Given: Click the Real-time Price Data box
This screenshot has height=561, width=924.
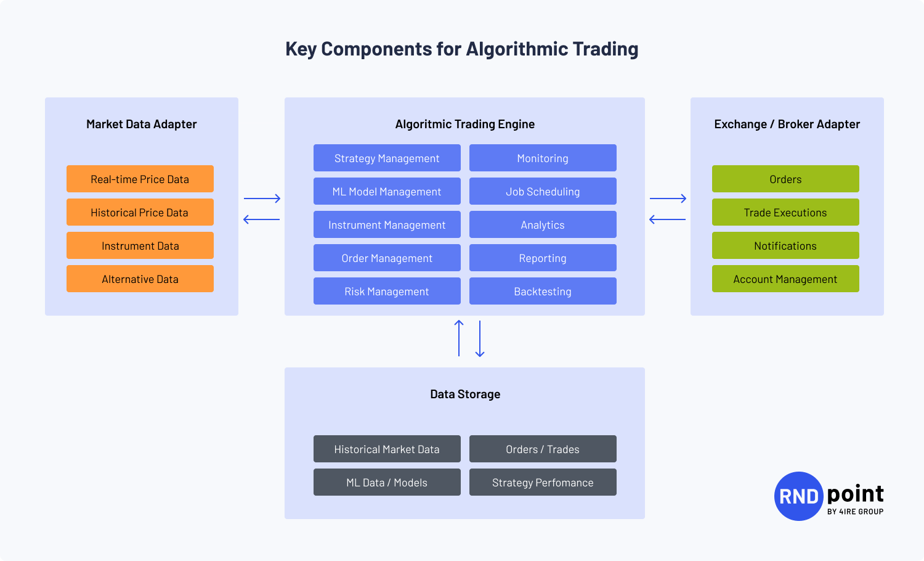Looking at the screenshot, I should [140, 179].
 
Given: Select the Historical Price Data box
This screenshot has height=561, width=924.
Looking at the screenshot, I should [140, 212].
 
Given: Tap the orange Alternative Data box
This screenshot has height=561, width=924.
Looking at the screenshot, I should [140, 279].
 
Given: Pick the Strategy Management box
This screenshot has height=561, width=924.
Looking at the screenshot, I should [387, 158].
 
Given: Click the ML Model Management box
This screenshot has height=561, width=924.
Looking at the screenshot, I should [387, 191].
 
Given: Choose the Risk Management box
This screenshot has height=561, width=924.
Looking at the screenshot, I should [387, 291].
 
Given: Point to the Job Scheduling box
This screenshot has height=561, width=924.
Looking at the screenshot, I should [543, 191].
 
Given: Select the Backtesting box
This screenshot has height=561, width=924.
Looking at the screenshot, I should [543, 291].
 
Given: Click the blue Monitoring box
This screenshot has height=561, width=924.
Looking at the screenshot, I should [543, 158].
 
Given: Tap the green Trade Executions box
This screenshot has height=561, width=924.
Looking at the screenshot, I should [785, 212].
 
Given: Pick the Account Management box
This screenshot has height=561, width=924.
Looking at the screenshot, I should [785, 279].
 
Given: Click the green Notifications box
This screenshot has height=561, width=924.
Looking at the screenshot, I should [785, 245].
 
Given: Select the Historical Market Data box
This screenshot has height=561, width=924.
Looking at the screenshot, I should [387, 449].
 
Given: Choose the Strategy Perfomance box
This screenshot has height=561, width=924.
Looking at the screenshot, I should [543, 482].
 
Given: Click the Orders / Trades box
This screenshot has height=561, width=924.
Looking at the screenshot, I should [543, 449].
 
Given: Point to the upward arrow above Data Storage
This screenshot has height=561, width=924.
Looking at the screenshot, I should [459, 338].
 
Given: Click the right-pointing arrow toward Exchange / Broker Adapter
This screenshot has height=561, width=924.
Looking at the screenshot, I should [668, 199].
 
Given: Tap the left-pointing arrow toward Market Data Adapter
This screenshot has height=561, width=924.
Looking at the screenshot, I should [262, 219].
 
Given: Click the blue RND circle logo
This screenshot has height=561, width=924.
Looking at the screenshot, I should [798, 496].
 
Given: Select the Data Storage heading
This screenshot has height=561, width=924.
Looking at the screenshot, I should [465, 394].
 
